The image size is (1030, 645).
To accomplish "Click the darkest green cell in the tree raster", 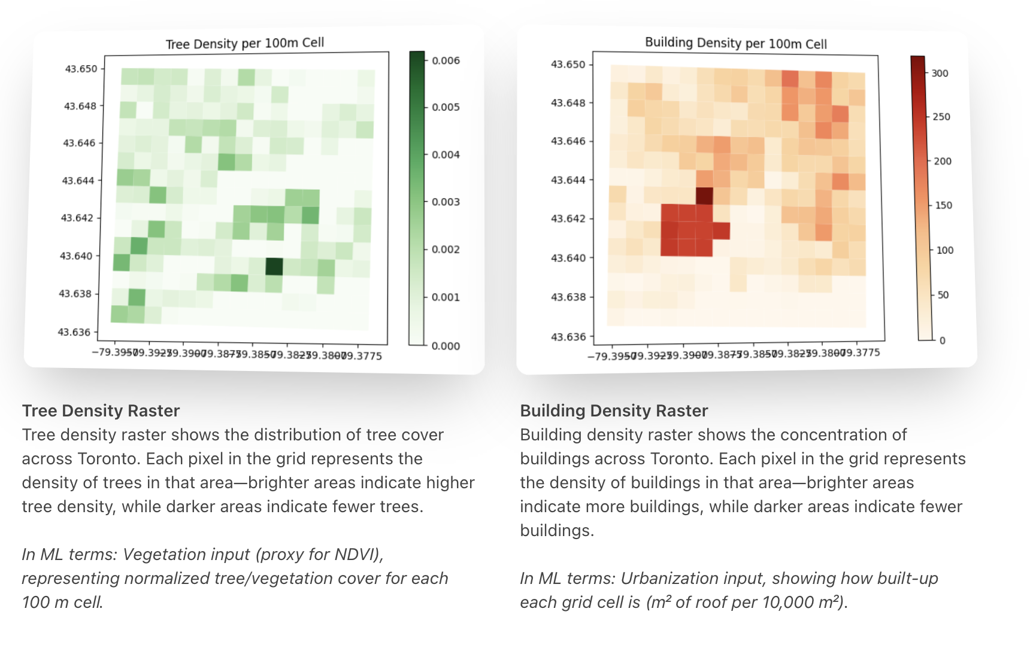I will [274, 266].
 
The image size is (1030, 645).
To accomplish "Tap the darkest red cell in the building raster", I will [704, 196].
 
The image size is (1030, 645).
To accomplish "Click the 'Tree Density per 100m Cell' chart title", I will [245, 44].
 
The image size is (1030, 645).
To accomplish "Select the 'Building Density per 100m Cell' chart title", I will [735, 43].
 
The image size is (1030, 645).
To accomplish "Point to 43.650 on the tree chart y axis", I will [81, 69].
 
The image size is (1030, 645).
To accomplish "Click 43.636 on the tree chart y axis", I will [74, 332].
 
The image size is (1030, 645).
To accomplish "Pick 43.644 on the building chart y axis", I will [568, 180].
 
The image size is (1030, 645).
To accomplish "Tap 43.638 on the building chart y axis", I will [568, 297].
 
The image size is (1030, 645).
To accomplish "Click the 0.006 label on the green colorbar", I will [446, 60].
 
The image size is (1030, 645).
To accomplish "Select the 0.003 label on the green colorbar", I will [446, 202].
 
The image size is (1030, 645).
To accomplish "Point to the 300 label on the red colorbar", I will [940, 74].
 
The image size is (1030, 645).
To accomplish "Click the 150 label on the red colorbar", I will [943, 206].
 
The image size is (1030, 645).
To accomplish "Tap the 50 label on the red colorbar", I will [943, 295].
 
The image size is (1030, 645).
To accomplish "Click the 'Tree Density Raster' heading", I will [101, 411].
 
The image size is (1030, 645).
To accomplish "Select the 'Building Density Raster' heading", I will [614, 411].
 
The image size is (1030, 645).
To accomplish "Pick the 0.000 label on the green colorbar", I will [446, 346].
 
